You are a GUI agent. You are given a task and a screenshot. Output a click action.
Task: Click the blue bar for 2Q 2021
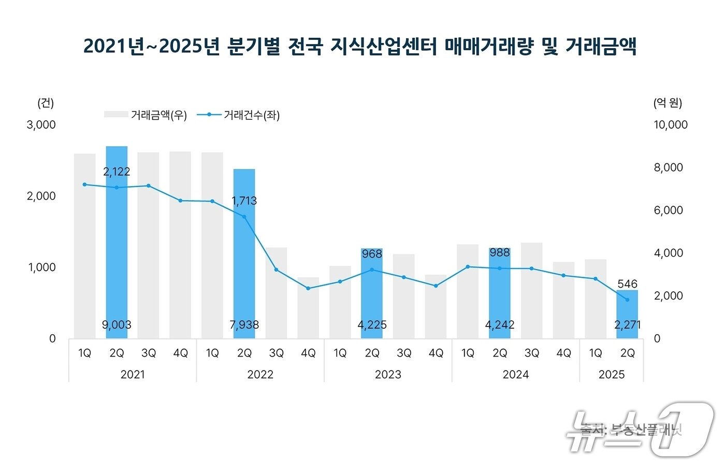coord(117,244)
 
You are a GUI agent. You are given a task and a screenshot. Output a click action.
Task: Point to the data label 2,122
coord(117,172)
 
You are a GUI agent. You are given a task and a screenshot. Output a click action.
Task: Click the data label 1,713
coord(244,201)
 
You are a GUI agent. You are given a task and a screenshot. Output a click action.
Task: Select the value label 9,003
coord(117,325)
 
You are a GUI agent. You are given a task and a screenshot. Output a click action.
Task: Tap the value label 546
coord(627,284)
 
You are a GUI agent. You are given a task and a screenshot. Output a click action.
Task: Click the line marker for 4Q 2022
coord(308,288)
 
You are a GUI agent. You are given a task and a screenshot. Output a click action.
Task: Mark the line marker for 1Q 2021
coord(84,185)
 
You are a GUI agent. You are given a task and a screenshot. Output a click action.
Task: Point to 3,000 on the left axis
coord(41,125)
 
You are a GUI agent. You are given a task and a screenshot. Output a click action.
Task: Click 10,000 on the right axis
coord(670,125)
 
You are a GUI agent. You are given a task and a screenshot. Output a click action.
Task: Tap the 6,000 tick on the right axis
coord(668,210)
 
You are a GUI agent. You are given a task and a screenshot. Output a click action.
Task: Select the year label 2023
coord(388,374)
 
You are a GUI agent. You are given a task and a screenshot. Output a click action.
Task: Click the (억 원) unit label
coord(668,103)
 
